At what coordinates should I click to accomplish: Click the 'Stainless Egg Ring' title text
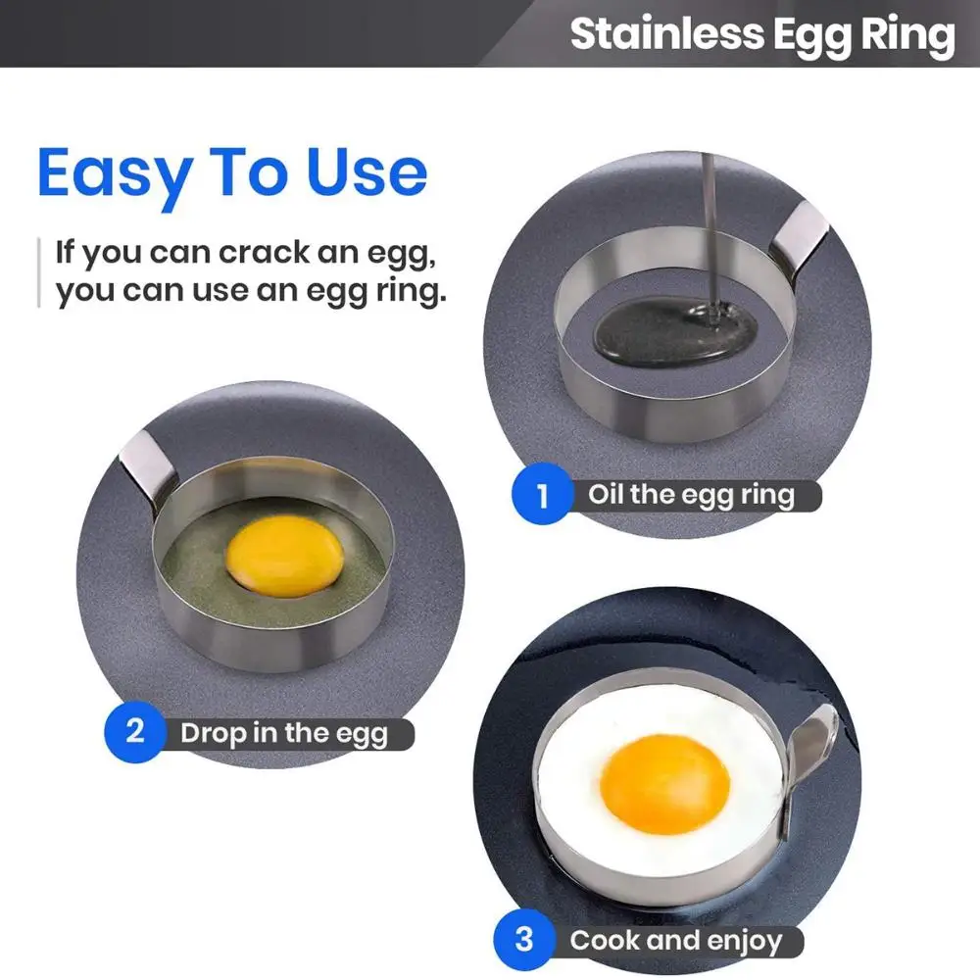[x=762, y=35]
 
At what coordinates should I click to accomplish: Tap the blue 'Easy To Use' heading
[x=232, y=172]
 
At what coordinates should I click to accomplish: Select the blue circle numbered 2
[x=135, y=731]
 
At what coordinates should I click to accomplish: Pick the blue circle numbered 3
[x=524, y=939]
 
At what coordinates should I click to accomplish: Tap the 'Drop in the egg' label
[x=284, y=733]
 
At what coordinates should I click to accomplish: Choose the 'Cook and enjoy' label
[x=676, y=942]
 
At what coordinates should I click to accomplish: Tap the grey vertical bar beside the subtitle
[x=39, y=271]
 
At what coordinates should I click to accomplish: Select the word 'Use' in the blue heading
[x=367, y=172]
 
